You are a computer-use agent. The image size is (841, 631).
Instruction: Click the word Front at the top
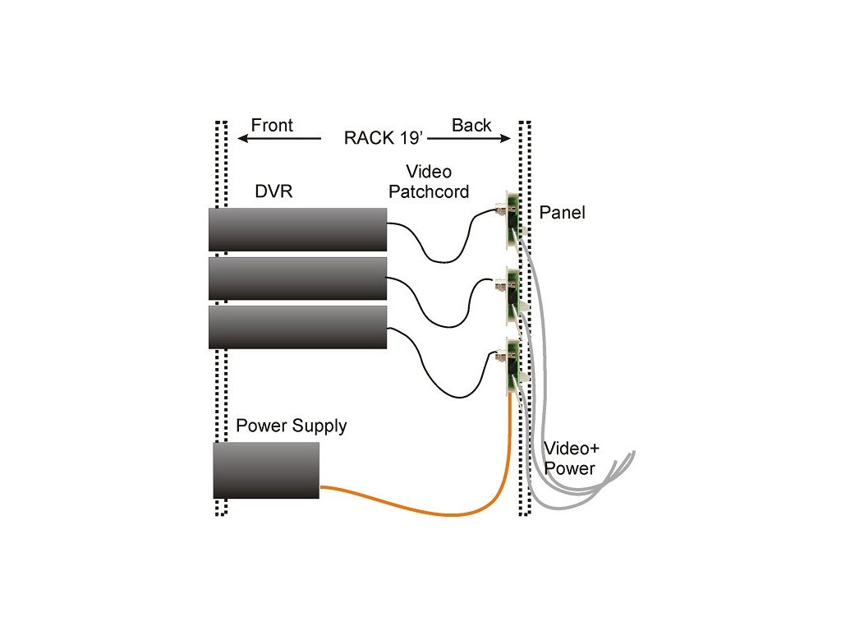[272, 125]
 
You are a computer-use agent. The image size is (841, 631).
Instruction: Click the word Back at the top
[471, 125]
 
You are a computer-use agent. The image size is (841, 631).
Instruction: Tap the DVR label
[273, 191]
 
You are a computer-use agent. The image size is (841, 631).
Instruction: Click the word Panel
[563, 214]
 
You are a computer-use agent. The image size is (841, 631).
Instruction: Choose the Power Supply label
[292, 426]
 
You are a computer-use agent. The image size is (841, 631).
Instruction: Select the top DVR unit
[297, 229]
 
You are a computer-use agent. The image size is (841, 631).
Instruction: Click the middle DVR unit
[297, 279]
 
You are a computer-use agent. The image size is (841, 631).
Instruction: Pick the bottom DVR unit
[297, 327]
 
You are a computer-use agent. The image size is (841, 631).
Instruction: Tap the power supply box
[266, 470]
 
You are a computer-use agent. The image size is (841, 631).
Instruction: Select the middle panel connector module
[511, 288]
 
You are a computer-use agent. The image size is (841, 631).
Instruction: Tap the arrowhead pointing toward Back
[506, 139]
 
